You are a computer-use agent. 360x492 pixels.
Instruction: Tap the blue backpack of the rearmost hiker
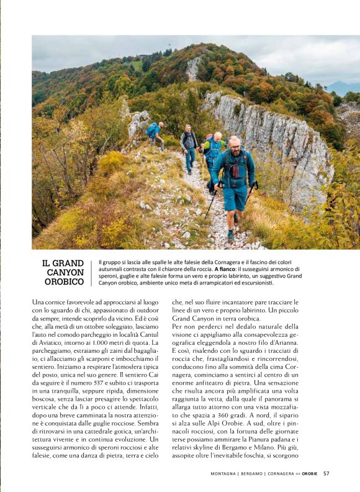[x=151, y=129]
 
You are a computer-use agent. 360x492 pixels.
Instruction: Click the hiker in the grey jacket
[x=189, y=144]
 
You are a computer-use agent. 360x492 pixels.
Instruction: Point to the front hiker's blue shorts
[x=236, y=198]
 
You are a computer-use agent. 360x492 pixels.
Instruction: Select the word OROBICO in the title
[x=64, y=282]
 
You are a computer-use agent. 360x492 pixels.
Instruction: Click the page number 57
[x=326, y=473]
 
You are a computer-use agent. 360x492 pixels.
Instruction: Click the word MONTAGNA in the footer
[x=225, y=473]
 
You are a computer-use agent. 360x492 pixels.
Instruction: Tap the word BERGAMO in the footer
[x=253, y=473]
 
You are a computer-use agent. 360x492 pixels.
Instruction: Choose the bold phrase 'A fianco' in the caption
[x=224, y=268]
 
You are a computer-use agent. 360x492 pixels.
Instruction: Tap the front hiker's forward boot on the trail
[x=230, y=235]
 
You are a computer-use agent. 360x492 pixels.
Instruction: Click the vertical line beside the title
[x=91, y=273]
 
